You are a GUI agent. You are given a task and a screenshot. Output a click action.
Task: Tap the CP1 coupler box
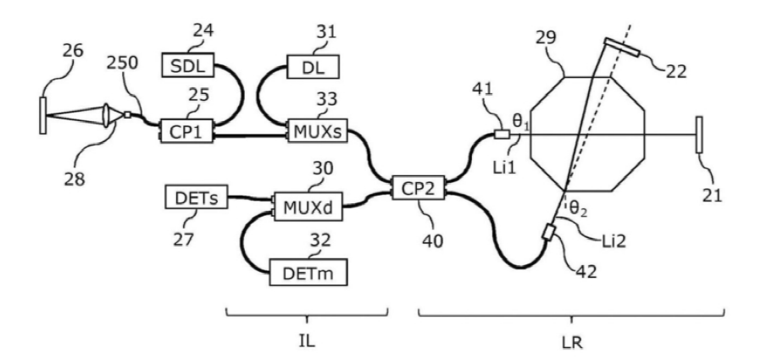tap(186, 131)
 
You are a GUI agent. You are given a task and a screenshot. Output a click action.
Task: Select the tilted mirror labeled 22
tap(622, 47)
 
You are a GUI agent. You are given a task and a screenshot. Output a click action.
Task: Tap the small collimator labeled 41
tap(501, 134)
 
